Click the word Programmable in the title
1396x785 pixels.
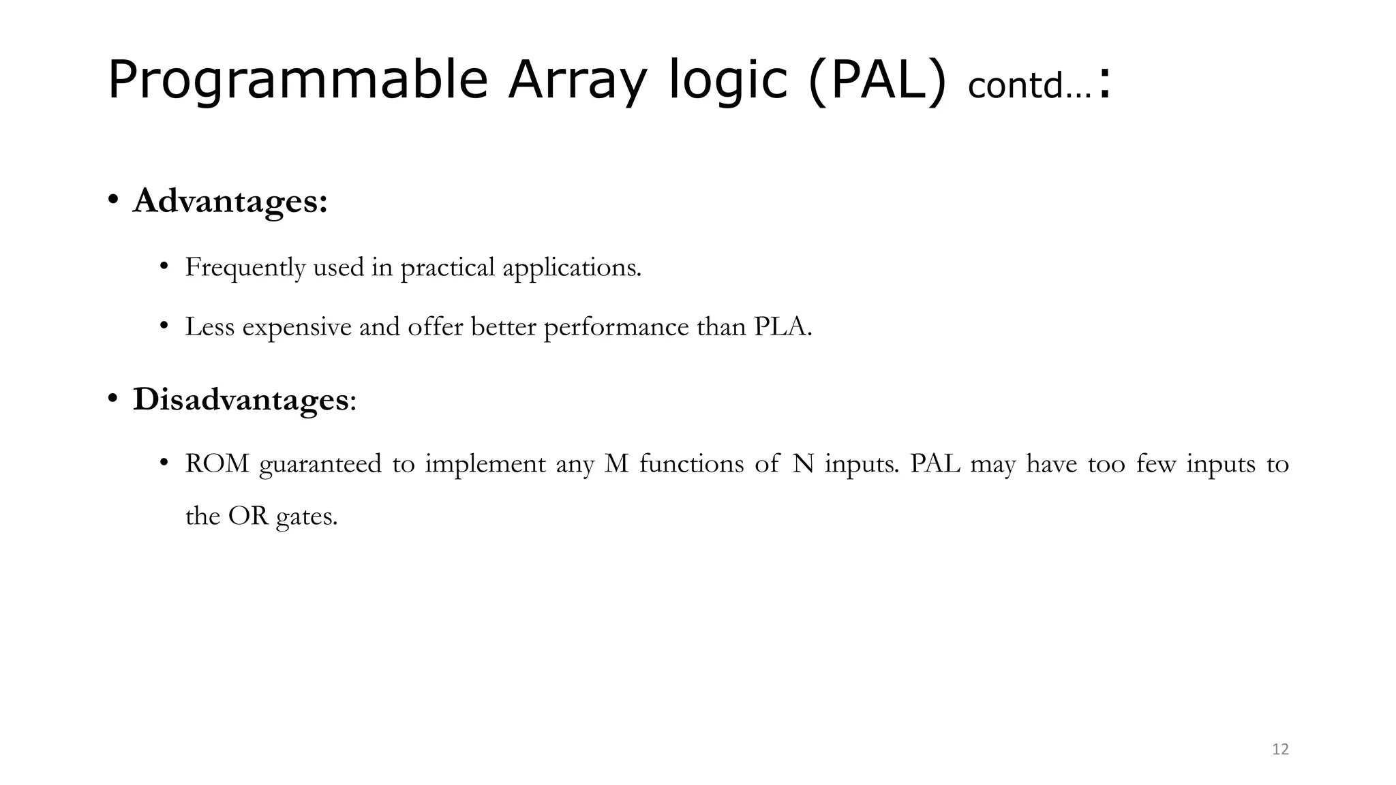[x=297, y=80]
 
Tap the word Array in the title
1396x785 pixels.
[x=576, y=80]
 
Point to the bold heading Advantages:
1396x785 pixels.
[x=230, y=201]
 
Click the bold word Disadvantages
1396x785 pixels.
[x=241, y=399]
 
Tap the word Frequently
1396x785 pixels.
[x=245, y=267]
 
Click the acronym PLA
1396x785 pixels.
[x=780, y=327]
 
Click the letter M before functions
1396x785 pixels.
[x=616, y=464]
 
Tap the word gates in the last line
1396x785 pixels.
[x=306, y=517]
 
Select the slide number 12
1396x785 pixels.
[x=1280, y=750]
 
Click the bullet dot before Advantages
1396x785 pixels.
[x=114, y=201]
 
